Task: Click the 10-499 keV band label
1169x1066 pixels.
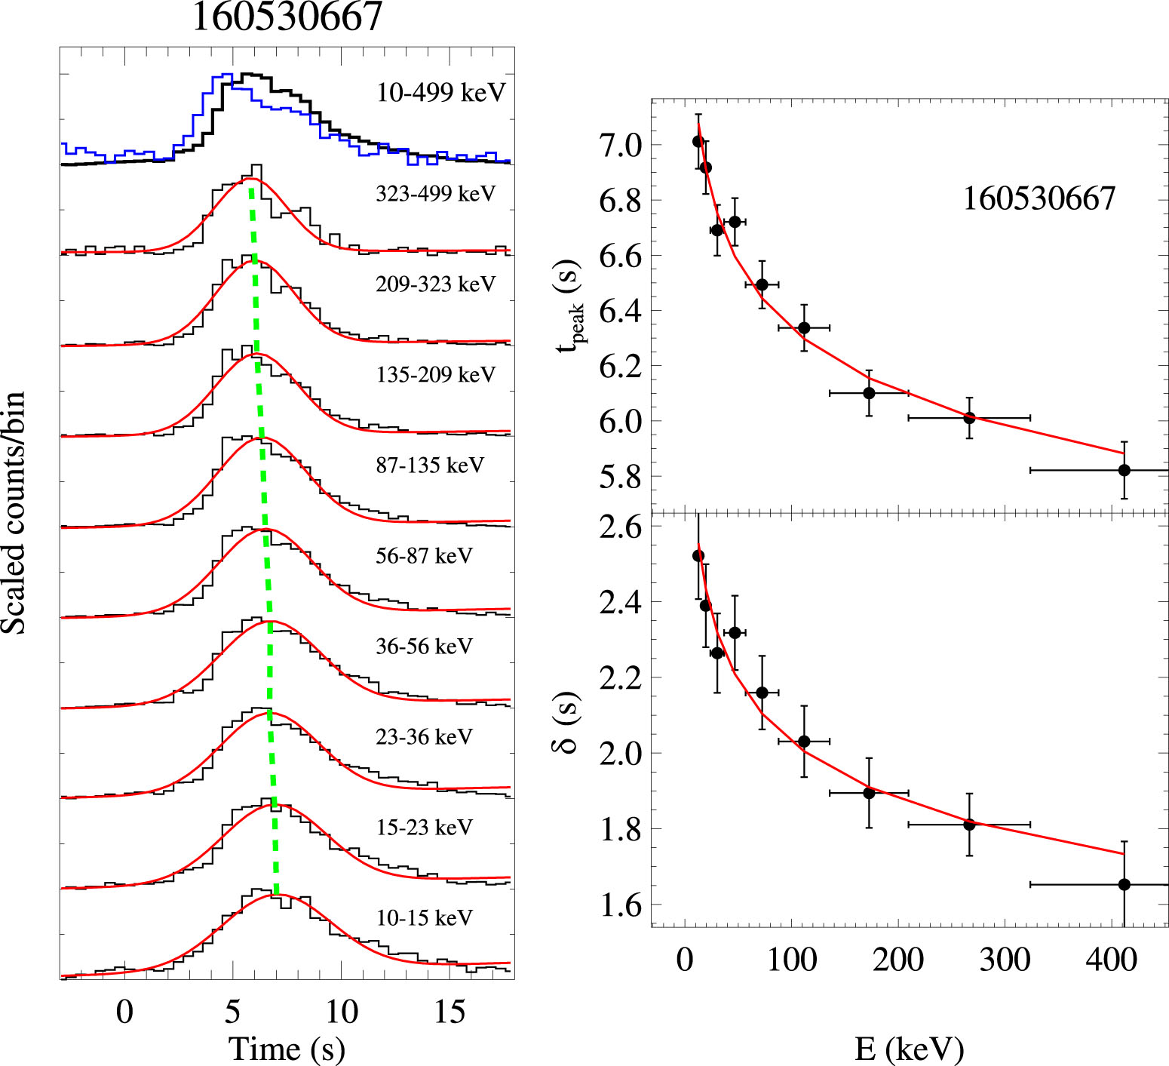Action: pos(441,93)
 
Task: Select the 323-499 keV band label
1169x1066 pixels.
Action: pos(435,194)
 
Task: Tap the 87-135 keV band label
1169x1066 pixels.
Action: pos(429,465)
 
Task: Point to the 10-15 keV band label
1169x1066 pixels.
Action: pos(424,918)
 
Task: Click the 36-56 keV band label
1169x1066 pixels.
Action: pos(424,647)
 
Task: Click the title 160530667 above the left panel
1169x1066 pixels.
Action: pos(287,17)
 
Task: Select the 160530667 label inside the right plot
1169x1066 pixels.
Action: pos(1039,198)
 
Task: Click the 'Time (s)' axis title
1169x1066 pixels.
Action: pos(287,1049)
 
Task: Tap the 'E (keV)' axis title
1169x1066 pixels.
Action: pos(909,1049)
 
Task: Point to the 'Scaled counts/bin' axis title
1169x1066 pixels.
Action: pos(14,513)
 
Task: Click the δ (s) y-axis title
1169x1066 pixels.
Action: pos(568,723)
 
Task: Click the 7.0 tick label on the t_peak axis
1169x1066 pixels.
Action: pos(620,145)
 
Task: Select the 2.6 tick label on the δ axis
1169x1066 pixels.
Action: pos(620,527)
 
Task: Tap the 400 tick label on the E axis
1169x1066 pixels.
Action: pos(1110,960)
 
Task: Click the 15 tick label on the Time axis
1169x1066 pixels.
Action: pos(449,1012)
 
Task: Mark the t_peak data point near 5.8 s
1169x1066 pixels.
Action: pos(1124,470)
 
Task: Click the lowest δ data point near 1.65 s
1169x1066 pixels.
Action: pos(1124,884)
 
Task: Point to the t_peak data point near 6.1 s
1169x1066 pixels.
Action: pos(869,393)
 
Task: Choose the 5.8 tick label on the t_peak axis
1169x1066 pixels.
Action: pos(620,477)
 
